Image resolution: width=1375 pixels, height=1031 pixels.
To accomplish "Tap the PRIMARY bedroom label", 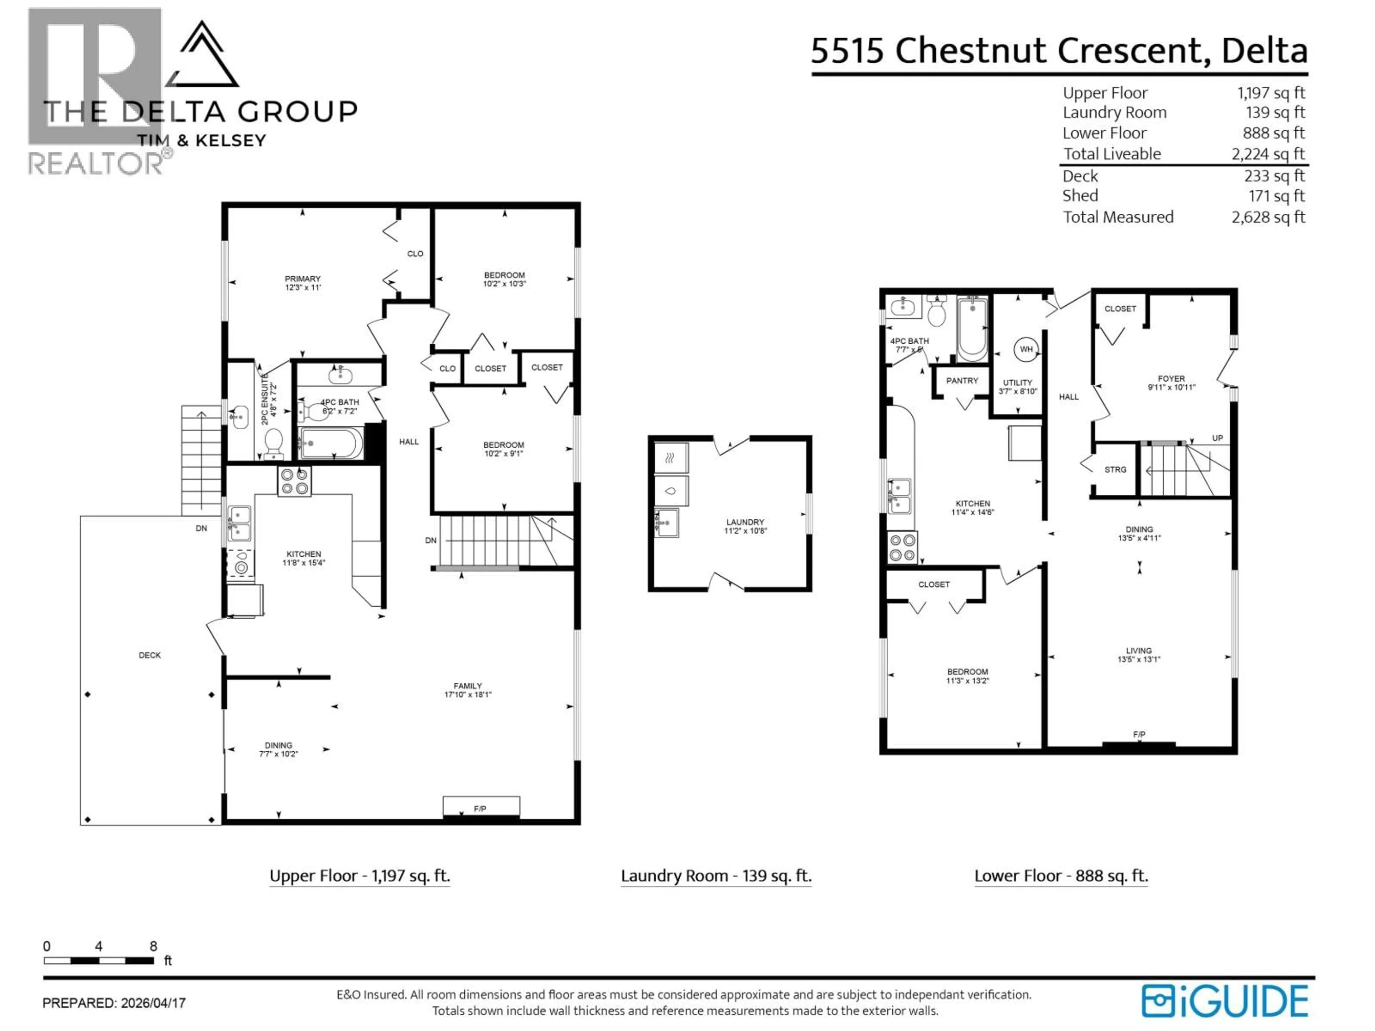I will click(x=303, y=279).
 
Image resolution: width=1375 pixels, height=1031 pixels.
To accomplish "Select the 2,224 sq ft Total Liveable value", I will click(x=1268, y=154).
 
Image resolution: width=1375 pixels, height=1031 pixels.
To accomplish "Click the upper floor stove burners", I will click(x=294, y=481).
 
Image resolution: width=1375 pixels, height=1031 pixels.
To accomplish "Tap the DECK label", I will click(x=150, y=655).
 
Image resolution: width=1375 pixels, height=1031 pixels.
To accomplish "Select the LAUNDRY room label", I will click(x=745, y=522).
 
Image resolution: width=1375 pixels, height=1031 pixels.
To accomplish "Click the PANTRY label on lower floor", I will click(x=962, y=380).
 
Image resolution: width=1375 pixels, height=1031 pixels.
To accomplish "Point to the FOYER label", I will click(x=1171, y=378).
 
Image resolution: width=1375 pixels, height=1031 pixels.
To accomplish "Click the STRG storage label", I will click(x=1115, y=470).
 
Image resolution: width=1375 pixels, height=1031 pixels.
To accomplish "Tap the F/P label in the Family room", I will click(x=480, y=809).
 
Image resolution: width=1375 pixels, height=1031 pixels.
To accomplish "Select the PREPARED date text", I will click(x=114, y=1003).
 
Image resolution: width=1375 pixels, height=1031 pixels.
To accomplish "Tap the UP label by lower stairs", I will click(x=1217, y=438).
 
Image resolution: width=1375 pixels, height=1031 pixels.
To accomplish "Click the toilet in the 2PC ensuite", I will click(x=274, y=442).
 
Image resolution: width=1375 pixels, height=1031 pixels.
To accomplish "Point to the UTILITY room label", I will click(x=1018, y=383).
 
